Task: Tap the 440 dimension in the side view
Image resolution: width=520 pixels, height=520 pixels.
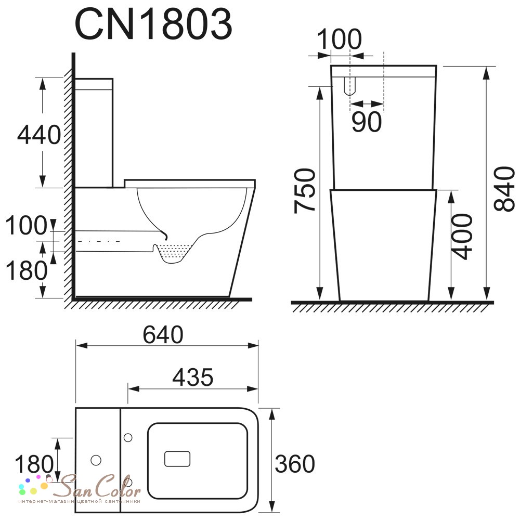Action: (39, 135)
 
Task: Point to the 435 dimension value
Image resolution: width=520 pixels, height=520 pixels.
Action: (193, 377)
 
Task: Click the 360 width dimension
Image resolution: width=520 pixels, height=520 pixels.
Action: (294, 464)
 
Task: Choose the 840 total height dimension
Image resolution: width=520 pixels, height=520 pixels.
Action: (504, 189)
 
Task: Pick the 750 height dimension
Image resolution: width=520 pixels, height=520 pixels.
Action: (304, 190)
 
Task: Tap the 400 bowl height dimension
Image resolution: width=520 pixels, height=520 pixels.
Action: (462, 237)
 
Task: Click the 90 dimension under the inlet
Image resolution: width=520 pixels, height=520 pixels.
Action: (367, 122)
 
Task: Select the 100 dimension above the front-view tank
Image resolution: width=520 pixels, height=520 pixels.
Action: (339, 39)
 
